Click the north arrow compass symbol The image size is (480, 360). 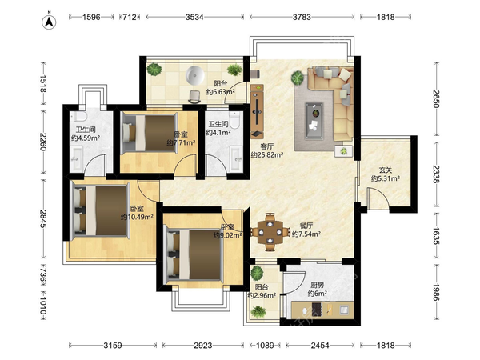point(49,22)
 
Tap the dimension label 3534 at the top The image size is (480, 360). point(194,17)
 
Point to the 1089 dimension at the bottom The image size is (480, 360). point(265,346)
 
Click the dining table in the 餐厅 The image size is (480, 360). point(270,232)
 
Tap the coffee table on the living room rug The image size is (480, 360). point(314,121)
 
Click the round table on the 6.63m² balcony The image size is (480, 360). point(194,75)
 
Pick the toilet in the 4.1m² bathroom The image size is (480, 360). point(234,120)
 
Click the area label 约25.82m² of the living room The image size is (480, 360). point(266,155)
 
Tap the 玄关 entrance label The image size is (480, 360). point(386,170)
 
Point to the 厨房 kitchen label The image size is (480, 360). point(317,286)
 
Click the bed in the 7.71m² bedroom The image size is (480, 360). point(150,133)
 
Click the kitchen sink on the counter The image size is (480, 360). point(344,310)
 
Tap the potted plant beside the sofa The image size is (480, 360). point(298,78)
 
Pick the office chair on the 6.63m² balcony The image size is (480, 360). point(194,97)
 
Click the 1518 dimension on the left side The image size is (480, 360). point(42,83)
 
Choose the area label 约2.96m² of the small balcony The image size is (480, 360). point(262,295)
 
